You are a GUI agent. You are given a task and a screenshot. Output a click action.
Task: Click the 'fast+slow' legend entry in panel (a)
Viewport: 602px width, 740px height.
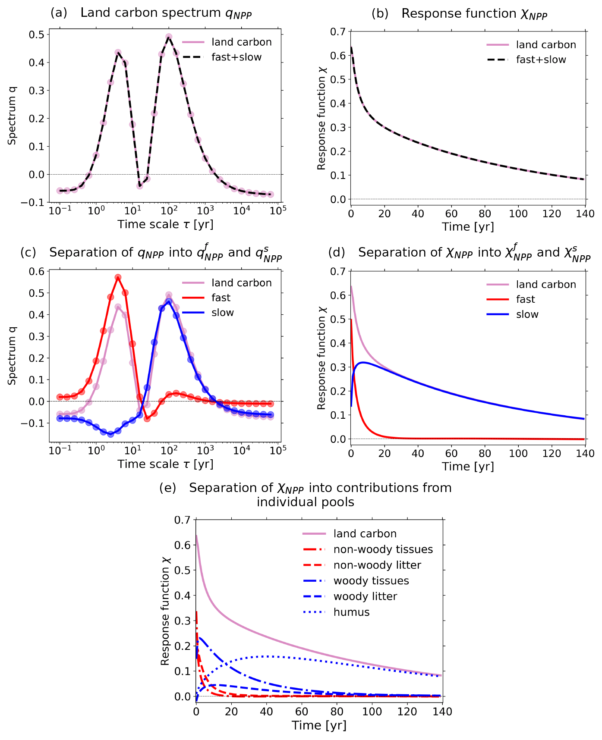(236, 57)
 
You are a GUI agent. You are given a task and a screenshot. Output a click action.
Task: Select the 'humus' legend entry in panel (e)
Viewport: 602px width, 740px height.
(351, 612)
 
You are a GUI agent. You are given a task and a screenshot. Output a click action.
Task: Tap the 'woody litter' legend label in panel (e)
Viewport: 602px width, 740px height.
(365, 596)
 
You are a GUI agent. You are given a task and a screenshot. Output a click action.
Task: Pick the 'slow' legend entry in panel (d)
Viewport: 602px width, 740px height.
(527, 314)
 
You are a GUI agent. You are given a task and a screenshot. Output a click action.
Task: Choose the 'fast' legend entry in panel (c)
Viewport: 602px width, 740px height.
(221, 298)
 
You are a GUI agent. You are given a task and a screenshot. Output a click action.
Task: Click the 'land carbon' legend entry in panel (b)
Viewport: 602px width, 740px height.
(546, 45)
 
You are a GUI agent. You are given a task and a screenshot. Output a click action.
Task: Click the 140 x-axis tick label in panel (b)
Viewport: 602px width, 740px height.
(585, 213)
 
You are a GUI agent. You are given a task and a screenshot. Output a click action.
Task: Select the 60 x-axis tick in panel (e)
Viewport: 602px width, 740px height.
(302, 711)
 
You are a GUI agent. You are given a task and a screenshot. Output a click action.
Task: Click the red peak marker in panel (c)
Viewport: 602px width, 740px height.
(118, 277)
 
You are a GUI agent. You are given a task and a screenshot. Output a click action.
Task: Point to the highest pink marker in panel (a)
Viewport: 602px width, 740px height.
(169, 37)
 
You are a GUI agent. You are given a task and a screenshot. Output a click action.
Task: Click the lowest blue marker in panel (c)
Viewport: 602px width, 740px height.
(110, 434)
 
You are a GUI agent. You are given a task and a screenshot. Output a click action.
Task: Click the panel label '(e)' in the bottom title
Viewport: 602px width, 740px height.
(168, 488)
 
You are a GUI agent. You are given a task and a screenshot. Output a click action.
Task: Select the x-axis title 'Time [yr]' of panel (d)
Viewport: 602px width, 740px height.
(468, 467)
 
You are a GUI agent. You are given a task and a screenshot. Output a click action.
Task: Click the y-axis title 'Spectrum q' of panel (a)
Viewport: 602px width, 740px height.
(13, 116)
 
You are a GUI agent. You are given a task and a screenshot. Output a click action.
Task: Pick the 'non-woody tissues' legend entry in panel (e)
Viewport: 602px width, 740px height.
(383, 549)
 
